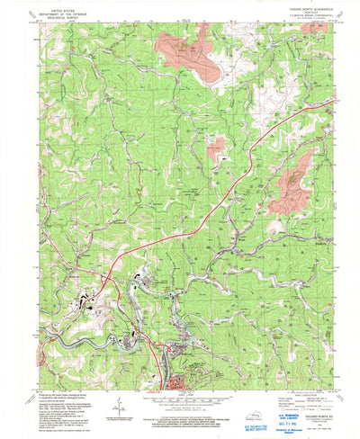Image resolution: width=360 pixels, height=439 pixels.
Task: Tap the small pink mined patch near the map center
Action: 217,149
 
